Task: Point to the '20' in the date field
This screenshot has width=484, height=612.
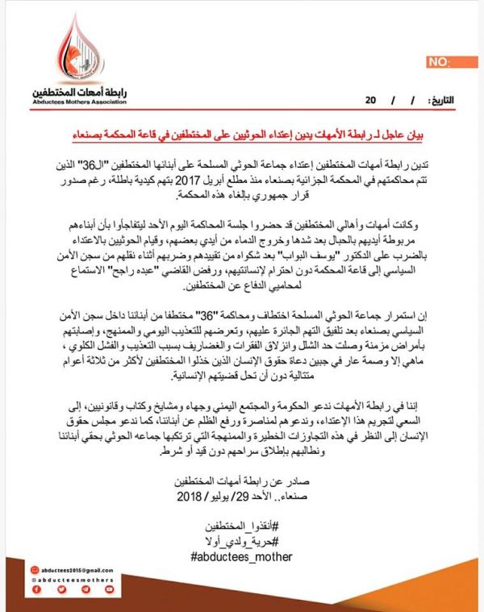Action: pyautogui.click(x=371, y=101)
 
